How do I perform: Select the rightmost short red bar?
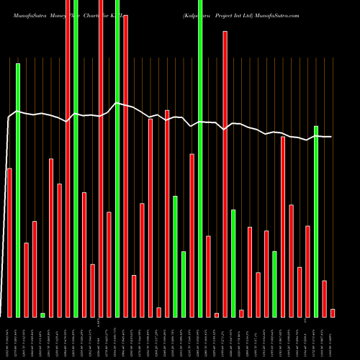click(x=333, y=312)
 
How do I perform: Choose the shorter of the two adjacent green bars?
click(x=184, y=284)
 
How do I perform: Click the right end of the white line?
click(x=331, y=137)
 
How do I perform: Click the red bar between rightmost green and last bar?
click(x=325, y=298)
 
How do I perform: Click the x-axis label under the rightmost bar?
click(x=333, y=337)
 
